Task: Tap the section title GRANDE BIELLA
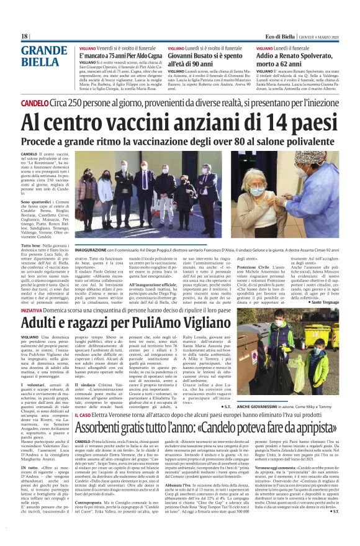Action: click(44, 56)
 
